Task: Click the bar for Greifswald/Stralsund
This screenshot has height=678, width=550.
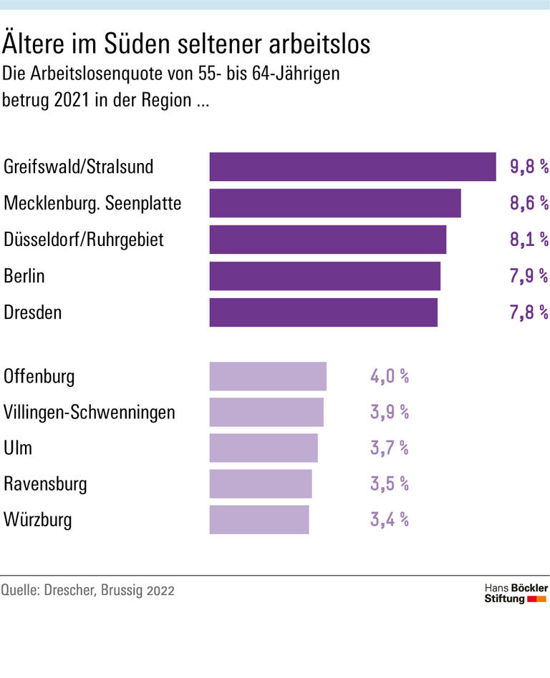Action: click(x=352, y=167)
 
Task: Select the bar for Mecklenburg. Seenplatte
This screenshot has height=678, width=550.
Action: click(x=334, y=203)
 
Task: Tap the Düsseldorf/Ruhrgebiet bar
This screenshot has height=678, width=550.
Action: click(x=327, y=240)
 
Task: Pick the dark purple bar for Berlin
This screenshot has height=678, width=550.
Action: click(x=324, y=276)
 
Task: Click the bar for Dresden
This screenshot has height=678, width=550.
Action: click(x=323, y=313)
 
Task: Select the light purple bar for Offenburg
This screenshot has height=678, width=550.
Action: click(x=268, y=376)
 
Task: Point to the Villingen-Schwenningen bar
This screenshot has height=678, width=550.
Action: click(x=266, y=412)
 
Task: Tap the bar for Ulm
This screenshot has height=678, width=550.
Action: click(x=263, y=448)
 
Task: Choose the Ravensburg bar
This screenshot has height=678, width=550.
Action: click(x=261, y=484)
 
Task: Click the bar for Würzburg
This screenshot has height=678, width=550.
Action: click(x=259, y=520)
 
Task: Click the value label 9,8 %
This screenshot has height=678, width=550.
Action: click(x=529, y=167)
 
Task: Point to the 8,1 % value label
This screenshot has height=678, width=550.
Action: click(x=529, y=240)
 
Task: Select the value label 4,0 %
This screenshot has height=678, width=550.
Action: click(x=389, y=376)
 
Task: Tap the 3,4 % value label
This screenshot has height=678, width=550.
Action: click(x=389, y=520)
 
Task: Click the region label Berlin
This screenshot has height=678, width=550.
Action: click(x=25, y=276)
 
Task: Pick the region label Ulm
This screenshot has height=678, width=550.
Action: click(x=18, y=448)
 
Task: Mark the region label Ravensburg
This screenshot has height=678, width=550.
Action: click(x=45, y=484)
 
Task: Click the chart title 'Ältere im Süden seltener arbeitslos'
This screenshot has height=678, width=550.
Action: click(x=187, y=44)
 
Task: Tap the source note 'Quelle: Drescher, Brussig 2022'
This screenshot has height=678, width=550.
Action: click(x=87, y=591)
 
